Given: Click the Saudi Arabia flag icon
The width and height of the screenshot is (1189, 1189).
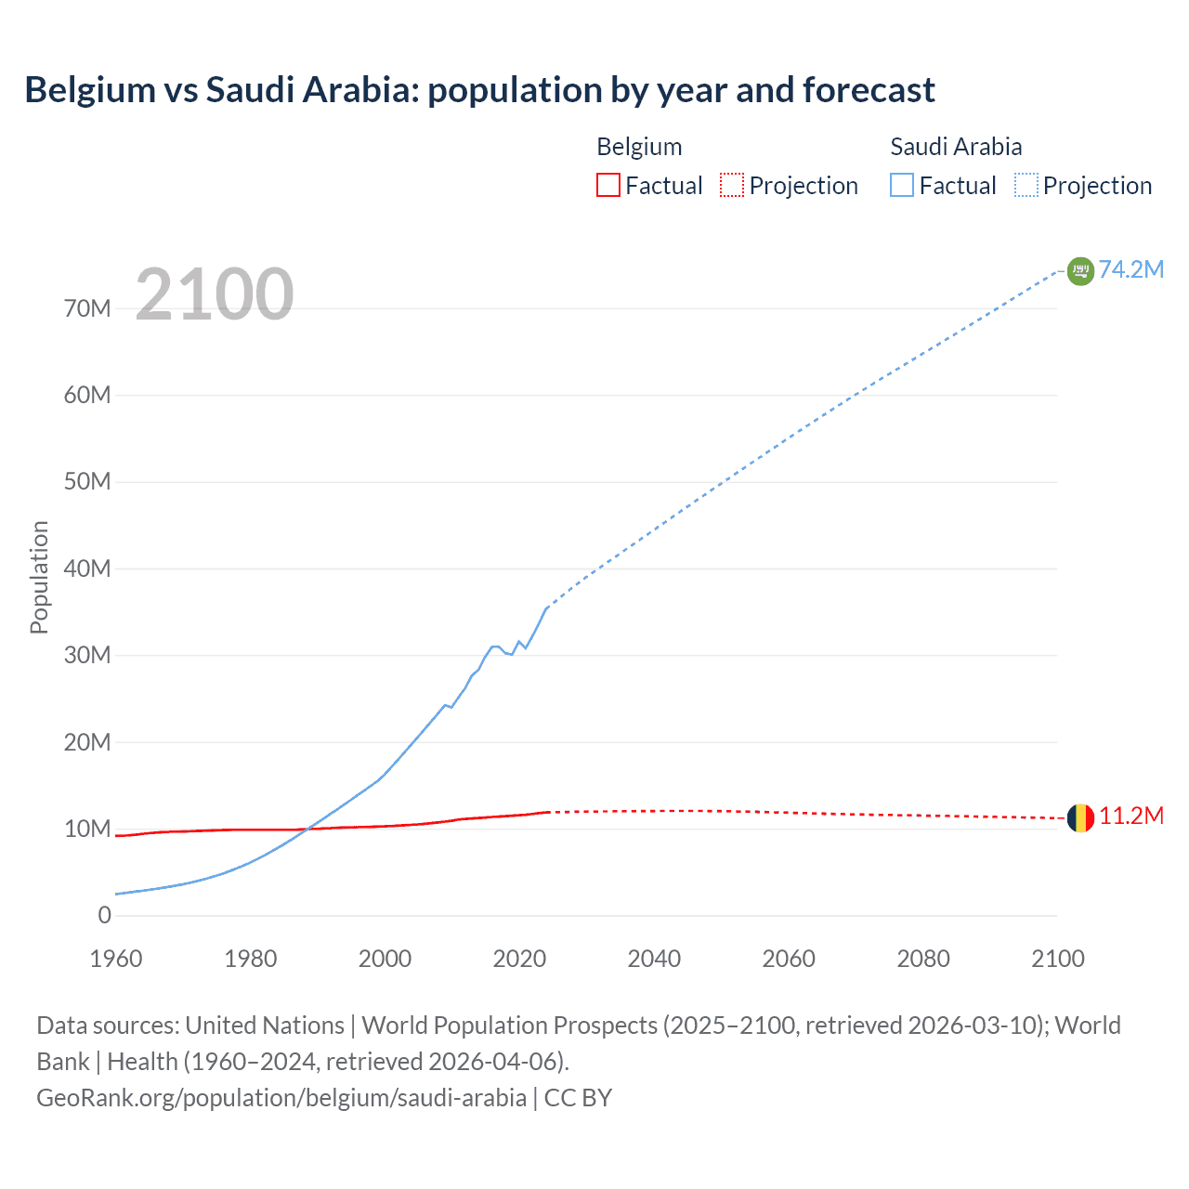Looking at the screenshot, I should (1080, 270).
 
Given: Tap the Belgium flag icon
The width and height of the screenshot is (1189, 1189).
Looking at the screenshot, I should (1080, 817).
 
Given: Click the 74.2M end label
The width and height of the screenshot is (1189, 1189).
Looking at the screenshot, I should (1130, 269).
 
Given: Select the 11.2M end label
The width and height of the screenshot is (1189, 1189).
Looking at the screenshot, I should (1130, 817).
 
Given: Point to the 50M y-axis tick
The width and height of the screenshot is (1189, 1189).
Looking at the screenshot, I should (87, 481).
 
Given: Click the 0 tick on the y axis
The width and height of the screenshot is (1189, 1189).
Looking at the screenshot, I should (104, 915).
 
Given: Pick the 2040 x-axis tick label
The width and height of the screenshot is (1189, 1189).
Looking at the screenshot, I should (654, 959).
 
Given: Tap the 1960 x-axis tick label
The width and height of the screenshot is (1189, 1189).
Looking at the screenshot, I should (116, 959).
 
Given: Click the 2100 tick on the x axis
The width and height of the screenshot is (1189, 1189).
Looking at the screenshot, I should (1057, 959).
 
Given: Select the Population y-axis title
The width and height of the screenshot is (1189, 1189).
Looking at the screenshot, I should (39, 577).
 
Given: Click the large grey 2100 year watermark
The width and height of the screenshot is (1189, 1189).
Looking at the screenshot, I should (215, 294).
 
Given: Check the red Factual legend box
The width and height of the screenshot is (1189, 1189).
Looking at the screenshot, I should (608, 185).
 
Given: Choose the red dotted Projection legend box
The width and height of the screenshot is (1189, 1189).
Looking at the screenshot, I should (732, 185).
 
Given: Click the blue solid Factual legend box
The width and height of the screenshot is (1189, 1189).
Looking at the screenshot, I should (902, 185).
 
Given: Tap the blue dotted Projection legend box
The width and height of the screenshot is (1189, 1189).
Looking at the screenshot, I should (1026, 185).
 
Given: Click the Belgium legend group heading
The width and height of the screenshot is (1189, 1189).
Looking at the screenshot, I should (639, 147).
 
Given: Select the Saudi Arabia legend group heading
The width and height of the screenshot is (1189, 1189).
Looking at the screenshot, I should (956, 147).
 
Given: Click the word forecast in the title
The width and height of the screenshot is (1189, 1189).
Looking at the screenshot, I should (869, 90).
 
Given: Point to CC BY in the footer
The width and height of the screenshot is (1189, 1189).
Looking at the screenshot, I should (578, 1097).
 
